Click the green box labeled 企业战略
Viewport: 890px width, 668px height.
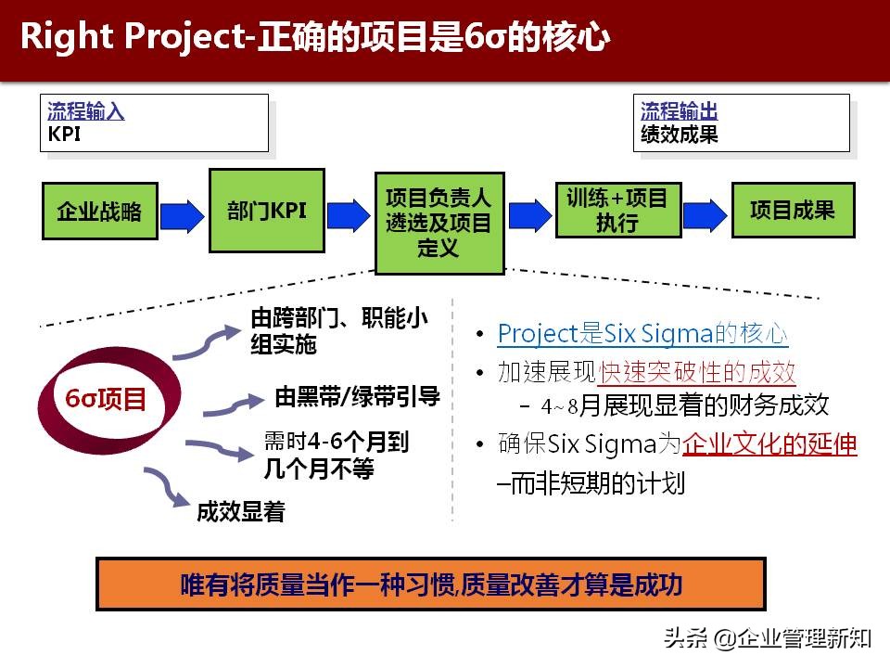[99, 212]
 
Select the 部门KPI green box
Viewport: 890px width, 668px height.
[267, 211]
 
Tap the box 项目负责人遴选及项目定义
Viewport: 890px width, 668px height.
[439, 223]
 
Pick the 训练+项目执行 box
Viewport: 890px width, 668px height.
[617, 211]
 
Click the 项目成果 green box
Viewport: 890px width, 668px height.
[793, 211]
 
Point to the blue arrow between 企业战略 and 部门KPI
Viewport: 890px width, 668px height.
[183, 214]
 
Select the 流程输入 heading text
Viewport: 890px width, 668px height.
[85, 112]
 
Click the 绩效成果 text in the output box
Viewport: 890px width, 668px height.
[680, 135]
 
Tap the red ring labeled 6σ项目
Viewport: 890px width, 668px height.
[105, 400]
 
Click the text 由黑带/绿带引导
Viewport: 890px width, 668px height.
[357, 397]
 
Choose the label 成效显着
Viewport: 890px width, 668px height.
[240, 511]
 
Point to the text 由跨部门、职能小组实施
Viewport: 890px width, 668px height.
[338, 331]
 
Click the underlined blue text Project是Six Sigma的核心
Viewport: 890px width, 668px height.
[642, 334]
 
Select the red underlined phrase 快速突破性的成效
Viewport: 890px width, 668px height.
[697, 373]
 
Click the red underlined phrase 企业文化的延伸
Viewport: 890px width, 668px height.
[769, 444]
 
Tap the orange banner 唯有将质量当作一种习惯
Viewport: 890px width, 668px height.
[430, 584]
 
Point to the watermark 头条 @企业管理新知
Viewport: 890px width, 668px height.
[766, 637]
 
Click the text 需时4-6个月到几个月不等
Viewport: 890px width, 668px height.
[335, 456]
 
